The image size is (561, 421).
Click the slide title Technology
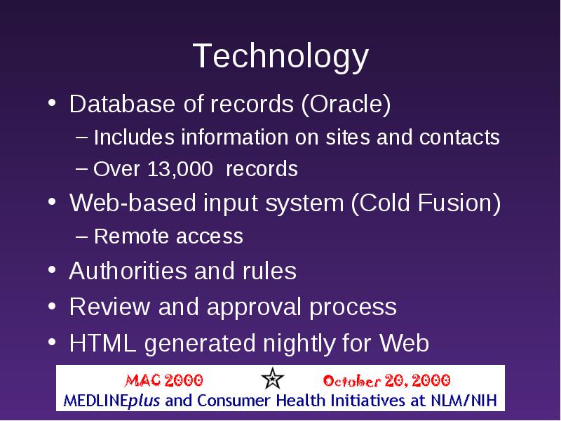coord(280,57)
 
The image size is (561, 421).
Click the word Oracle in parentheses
coord(346,104)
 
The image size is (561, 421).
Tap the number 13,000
coord(180,168)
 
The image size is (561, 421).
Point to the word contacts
coord(459,137)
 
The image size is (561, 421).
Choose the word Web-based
coord(133,203)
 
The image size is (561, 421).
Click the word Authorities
coord(128,271)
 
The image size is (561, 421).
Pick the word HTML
coord(102,343)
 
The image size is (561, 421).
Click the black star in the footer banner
coord(272,378)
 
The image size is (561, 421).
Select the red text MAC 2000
coord(163,380)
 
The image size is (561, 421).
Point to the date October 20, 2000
coord(386,380)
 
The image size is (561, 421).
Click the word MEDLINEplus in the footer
coord(111,401)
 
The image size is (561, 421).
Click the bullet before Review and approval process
coord(52,307)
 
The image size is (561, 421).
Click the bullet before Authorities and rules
coord(52,270)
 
